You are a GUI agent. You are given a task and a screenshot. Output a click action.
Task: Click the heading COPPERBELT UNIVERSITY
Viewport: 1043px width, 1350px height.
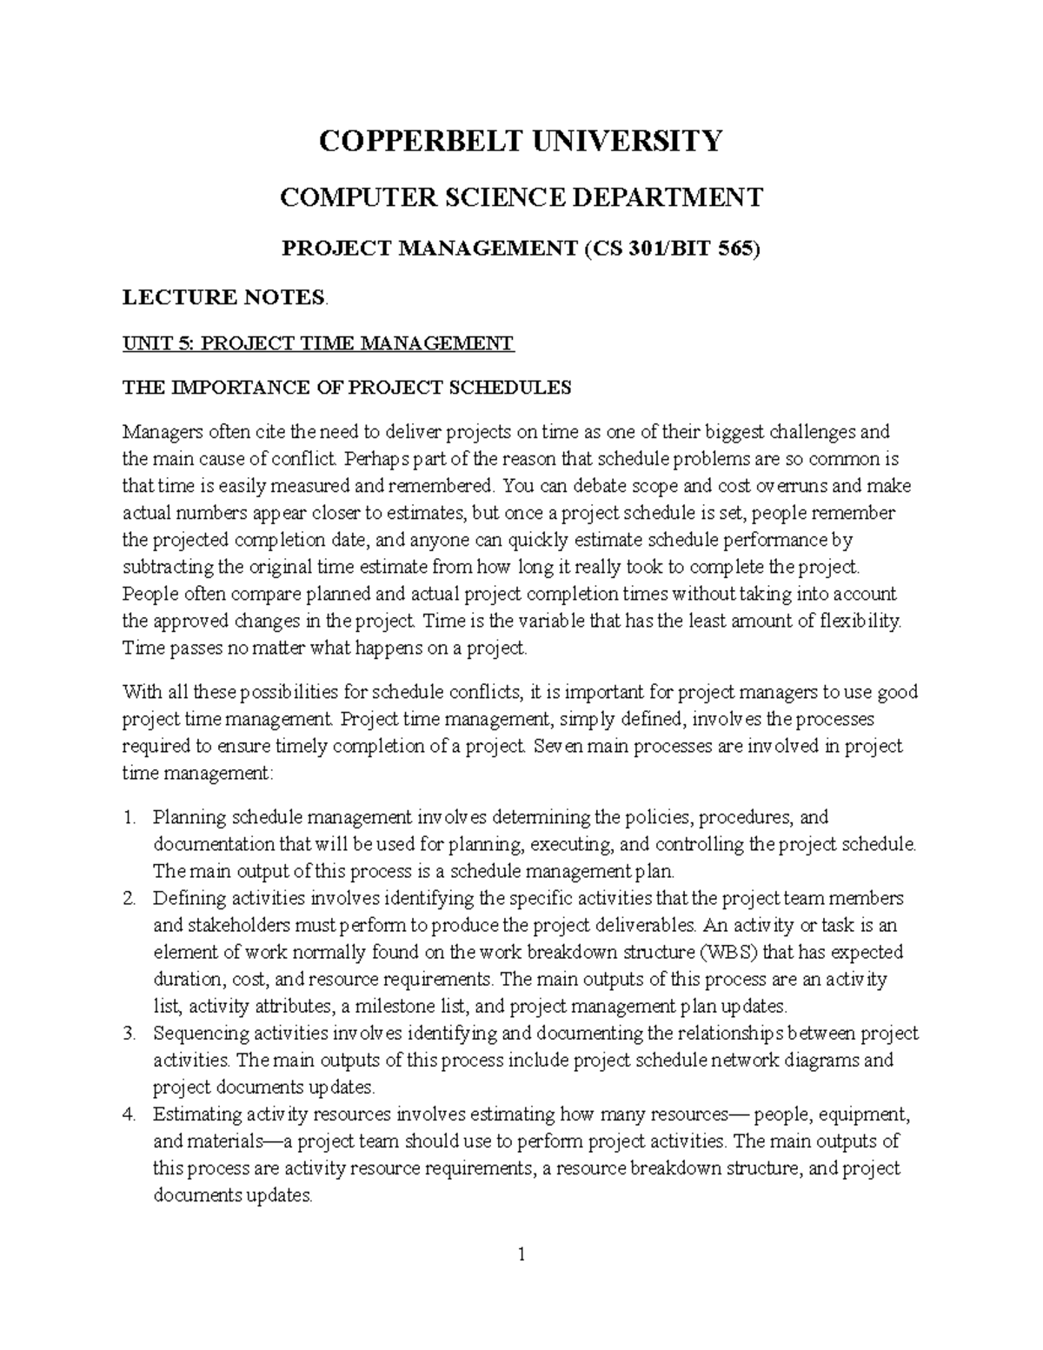pos(520,140)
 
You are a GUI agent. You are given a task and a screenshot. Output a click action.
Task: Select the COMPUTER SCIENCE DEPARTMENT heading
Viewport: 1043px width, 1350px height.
pos(520,197)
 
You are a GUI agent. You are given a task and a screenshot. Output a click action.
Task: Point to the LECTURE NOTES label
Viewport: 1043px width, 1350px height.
pos(224,297)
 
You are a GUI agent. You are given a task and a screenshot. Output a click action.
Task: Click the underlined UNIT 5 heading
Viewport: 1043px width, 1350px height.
pos(318,343)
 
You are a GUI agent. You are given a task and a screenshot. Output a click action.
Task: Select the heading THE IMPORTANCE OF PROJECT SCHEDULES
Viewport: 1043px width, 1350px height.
pos(347,388)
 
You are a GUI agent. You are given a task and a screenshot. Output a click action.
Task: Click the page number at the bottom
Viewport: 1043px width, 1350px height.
pos(521,1254)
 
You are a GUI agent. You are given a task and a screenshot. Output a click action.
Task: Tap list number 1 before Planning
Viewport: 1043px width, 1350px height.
pos(130,817)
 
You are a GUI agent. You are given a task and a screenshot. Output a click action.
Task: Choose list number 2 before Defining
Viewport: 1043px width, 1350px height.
pos(130,898)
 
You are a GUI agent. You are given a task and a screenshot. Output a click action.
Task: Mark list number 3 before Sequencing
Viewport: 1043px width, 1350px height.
pos(130,1034)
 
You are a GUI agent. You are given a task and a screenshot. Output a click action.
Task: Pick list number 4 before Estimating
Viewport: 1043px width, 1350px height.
pos(130,1114)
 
